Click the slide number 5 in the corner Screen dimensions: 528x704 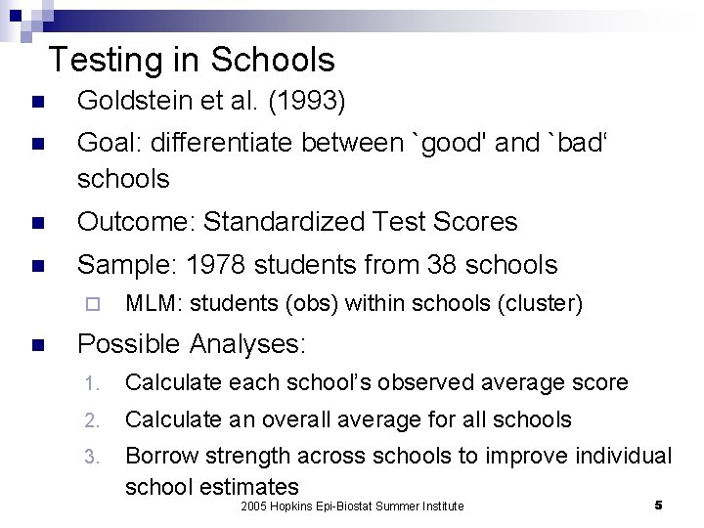click(658, 505)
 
